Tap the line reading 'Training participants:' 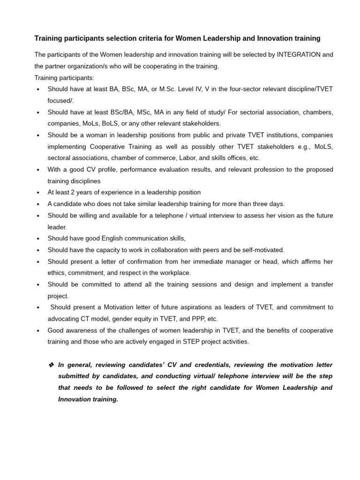coord(64,77)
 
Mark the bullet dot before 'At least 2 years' coord(38,193)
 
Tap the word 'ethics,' coord(57,272)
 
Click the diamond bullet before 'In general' coord(52,365)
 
